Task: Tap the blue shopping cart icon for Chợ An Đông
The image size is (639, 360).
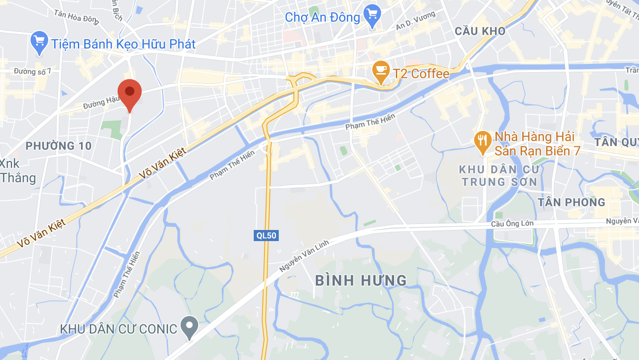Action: click(x=372, y=15)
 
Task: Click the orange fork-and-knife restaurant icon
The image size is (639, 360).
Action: click(x=482, y=142)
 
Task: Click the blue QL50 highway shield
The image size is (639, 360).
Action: click(x=266, y=236)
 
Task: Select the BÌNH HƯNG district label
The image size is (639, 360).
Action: click(x=361, y=280)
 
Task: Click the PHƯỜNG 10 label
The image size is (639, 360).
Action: click(x=58, y=146)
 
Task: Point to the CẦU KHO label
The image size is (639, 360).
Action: click(x=480, y=31)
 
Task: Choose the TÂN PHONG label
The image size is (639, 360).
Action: click(x=572, y=202)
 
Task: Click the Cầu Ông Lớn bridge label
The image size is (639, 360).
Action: click(x=512, y=224)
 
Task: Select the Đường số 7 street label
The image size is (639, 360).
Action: click(x=32, y=71)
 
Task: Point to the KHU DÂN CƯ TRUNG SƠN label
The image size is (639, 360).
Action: click(x=498, y=176)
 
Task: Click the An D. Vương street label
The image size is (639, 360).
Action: click(x=415, y=21)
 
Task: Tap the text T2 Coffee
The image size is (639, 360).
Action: click(x=421, y=74)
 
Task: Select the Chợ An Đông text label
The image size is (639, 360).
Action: click(x=322, y=18)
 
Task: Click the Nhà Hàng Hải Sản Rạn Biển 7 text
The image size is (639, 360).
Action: click(x=537, y=143)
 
